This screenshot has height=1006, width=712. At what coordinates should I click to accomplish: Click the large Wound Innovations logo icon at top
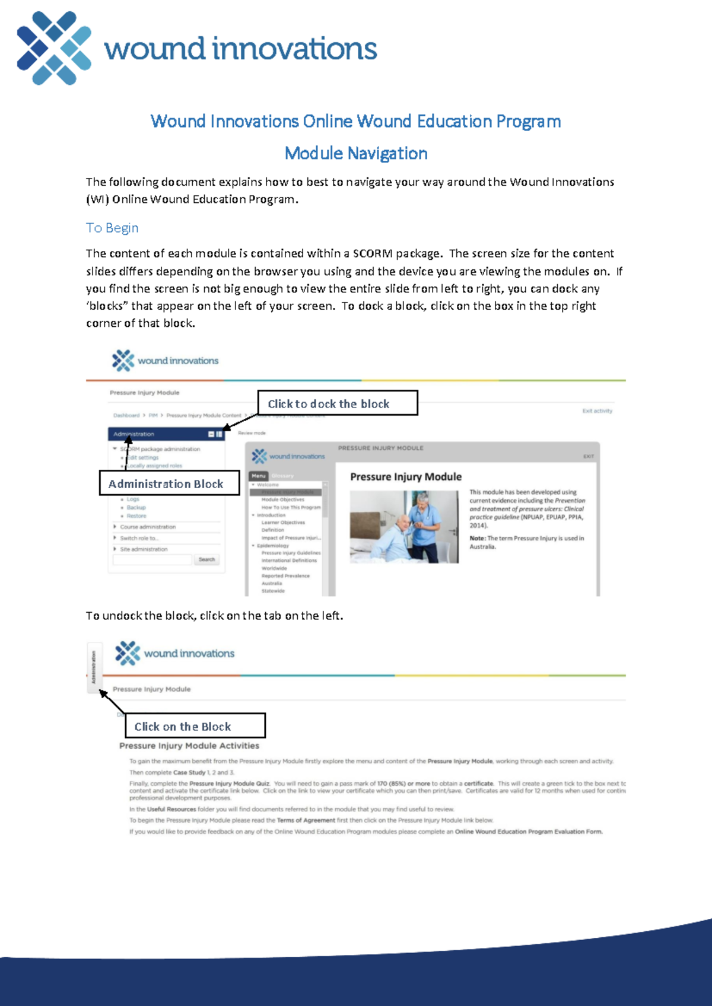pyautogui.click(x=54, y=48)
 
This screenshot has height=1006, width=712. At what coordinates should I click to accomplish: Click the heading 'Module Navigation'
pyautogui.click(x=355, y=154)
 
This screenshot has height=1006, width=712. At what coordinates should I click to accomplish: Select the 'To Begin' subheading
pyautogui.click(x=112, y=228)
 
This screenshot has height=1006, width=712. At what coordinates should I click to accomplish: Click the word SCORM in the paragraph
pyautogui.click(x=372, y=254)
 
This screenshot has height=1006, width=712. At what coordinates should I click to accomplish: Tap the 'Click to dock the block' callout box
pyautogui.click(x=337, y=403)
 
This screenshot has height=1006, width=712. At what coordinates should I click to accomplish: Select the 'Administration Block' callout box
pyautogui.click(x=169, y=483)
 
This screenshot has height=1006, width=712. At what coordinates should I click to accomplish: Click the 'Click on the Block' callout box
pyautogui.click(x=195, y=726)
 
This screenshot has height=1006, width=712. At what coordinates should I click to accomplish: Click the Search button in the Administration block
pyautogui.click(x=206, y=559)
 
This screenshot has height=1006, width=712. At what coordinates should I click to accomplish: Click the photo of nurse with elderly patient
pyautogui.click(x=404, y=527)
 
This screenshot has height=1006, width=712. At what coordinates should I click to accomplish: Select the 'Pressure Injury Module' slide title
pyautogui.click(x=406, y=477)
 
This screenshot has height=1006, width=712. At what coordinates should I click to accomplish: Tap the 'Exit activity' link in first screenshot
pyautogui.click(x=597, y=410)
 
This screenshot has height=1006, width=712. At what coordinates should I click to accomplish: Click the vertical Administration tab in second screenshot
pyautogui.click(x=94, y=667)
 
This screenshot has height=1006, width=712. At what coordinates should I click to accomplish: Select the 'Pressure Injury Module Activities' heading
pyautogui.click(x=189, y=746)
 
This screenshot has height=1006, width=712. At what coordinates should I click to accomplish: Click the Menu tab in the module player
pyautogui.click(x=259, y=476)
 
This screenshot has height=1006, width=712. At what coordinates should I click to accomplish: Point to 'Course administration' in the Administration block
pyautogui.click(x=148, y=527)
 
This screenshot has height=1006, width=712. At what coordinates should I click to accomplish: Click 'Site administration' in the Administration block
pyautogui.click(x=144, y=549)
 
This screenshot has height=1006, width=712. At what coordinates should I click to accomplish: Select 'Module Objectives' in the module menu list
pyautogui.click(x=282, y=499)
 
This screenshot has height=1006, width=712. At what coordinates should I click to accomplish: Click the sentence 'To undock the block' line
pyautogui.click(x=214, y=616)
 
